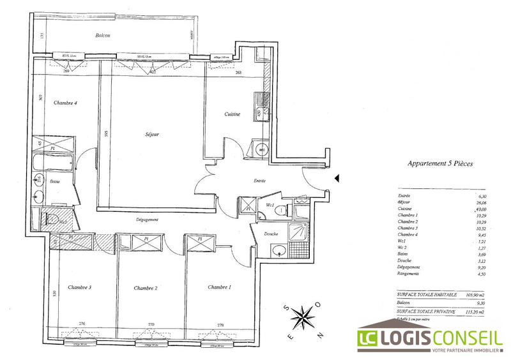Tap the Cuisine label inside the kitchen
(232, 114)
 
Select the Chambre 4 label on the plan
(65, 103)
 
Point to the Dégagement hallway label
(147, 220)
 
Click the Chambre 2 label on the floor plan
(146, 289)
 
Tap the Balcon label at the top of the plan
(103, 36)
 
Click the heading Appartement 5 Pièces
(441, 163)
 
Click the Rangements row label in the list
(409, 273)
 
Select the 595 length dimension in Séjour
(108, 134)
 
